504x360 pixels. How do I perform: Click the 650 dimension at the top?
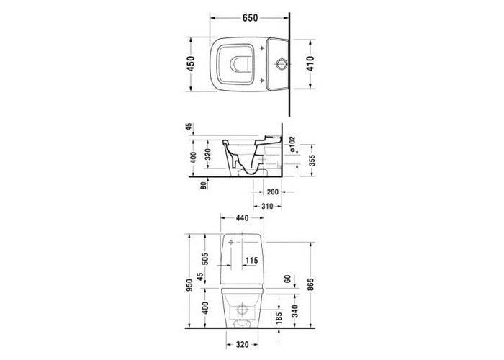(x=250, y=18)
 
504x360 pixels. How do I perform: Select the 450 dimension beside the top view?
(x=191, y=63)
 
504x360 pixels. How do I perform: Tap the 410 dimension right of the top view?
(x=310, y=63)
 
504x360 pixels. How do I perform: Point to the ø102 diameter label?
(x=292, y=144)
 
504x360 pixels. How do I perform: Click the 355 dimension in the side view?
(x=312, y=161)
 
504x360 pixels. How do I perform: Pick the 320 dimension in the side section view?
(x=207, y=154)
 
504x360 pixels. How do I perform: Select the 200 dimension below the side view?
(x=273, y=192)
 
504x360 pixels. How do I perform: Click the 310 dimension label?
(x=267, y=207)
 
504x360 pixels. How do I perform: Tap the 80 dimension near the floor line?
(x=203, y=186)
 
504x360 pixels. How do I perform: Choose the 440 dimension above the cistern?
(x=242, y=218)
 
